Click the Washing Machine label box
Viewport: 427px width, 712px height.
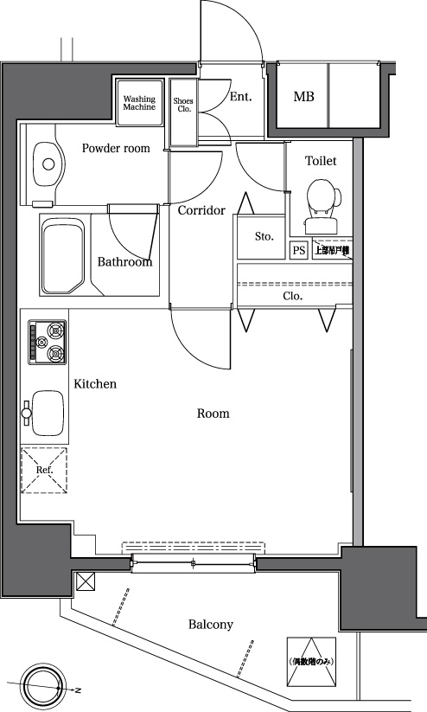[139, 103]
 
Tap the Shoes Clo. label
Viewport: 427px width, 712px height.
[182, 105]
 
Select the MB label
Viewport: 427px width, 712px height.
[303, 97]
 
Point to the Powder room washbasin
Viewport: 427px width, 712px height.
[47, 162]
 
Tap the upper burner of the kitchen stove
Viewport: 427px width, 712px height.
[56, 330]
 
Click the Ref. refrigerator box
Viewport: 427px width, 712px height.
[44, 470]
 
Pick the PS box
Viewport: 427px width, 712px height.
[299, 251]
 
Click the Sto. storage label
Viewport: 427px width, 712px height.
[264, 236]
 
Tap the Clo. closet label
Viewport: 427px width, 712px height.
[293, 296]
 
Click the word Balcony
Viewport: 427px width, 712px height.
[210, 624]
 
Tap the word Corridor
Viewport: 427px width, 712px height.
[201, 210]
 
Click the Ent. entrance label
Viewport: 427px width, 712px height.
[240, 97]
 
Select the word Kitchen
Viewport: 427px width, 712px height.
[94, 384]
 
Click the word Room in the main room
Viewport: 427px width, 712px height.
[213, 414]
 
